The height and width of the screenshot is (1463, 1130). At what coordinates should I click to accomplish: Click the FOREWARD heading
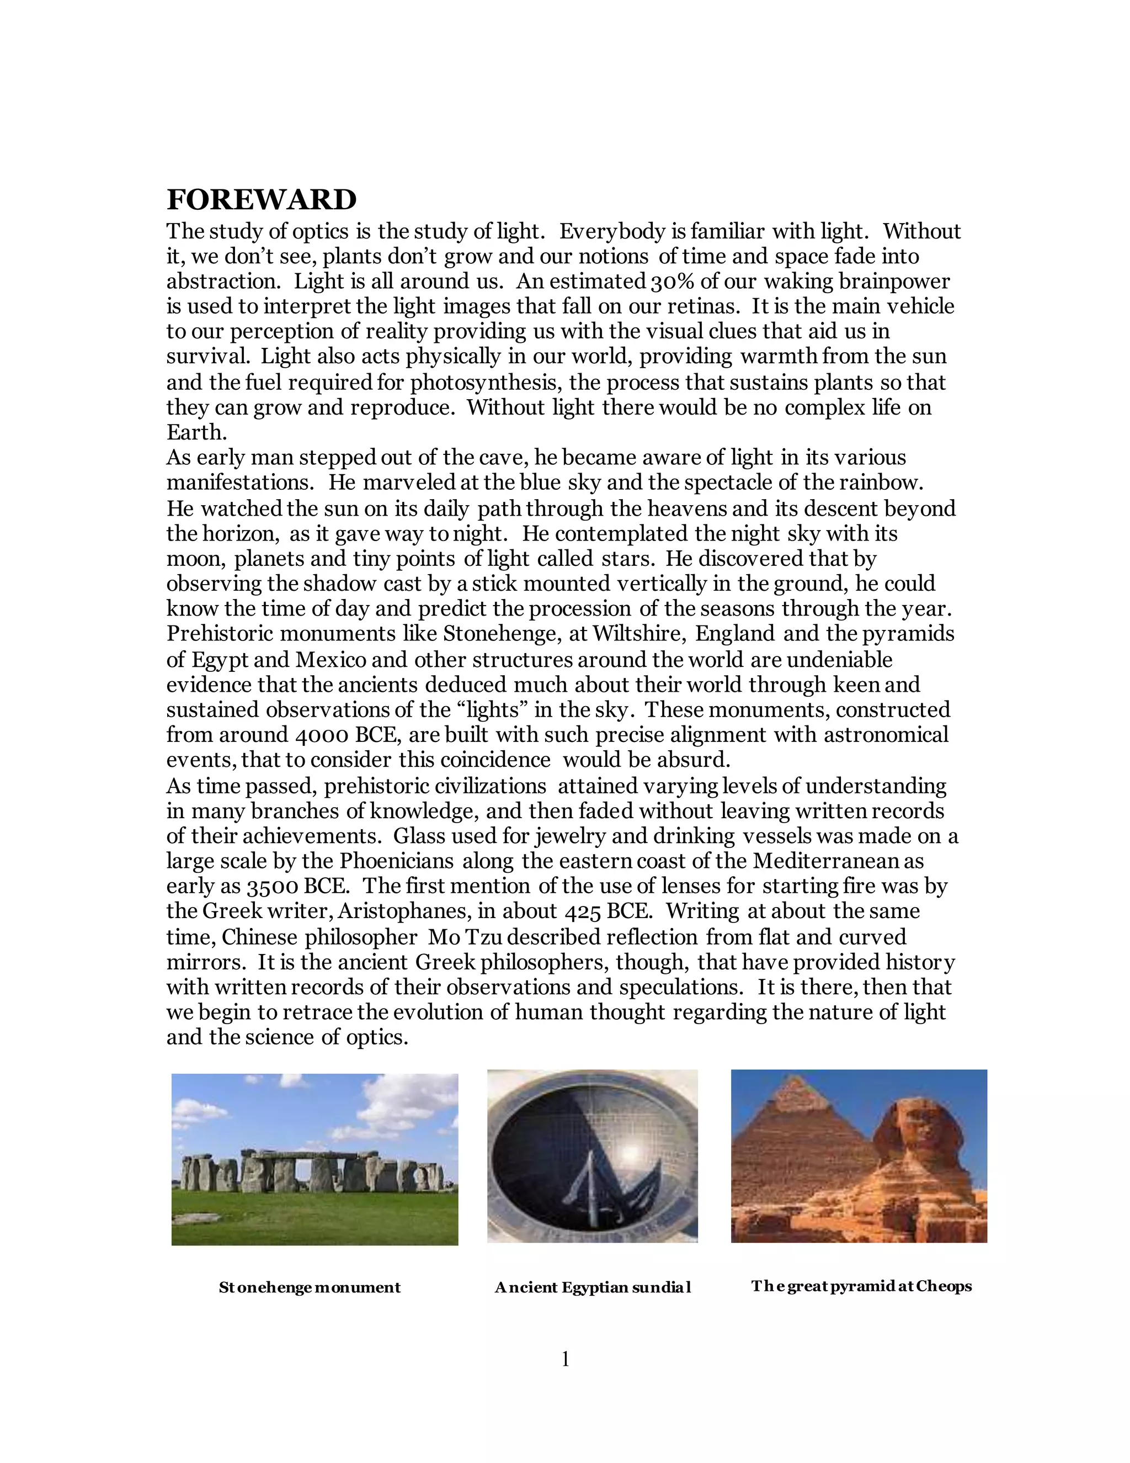click(261, 200)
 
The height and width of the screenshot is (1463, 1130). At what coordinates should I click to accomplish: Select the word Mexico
click(331, 660)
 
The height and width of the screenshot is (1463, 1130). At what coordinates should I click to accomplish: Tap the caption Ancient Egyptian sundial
click(593, 1287)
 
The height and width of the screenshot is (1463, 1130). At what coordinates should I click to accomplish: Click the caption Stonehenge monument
click(310, 1287)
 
